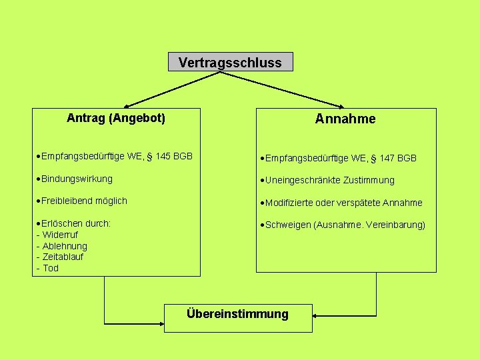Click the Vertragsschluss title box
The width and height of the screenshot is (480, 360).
230,63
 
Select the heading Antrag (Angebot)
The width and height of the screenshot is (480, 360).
116,118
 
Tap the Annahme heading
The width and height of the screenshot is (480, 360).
345,119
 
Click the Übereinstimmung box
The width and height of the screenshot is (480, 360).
237,313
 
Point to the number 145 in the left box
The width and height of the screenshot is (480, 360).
162,156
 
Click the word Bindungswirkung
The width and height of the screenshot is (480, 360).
77,179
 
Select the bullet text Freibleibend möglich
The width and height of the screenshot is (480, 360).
84,201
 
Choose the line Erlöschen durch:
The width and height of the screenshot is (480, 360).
75,223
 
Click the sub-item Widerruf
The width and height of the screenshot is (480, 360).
60,235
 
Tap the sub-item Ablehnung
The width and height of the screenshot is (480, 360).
64,246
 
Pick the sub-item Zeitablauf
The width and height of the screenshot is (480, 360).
63,257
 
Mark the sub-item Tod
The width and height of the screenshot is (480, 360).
51,268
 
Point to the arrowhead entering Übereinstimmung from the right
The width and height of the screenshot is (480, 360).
316,317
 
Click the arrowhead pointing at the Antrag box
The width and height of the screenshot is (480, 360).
127,106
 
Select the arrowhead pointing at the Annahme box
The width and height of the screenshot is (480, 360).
341,106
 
